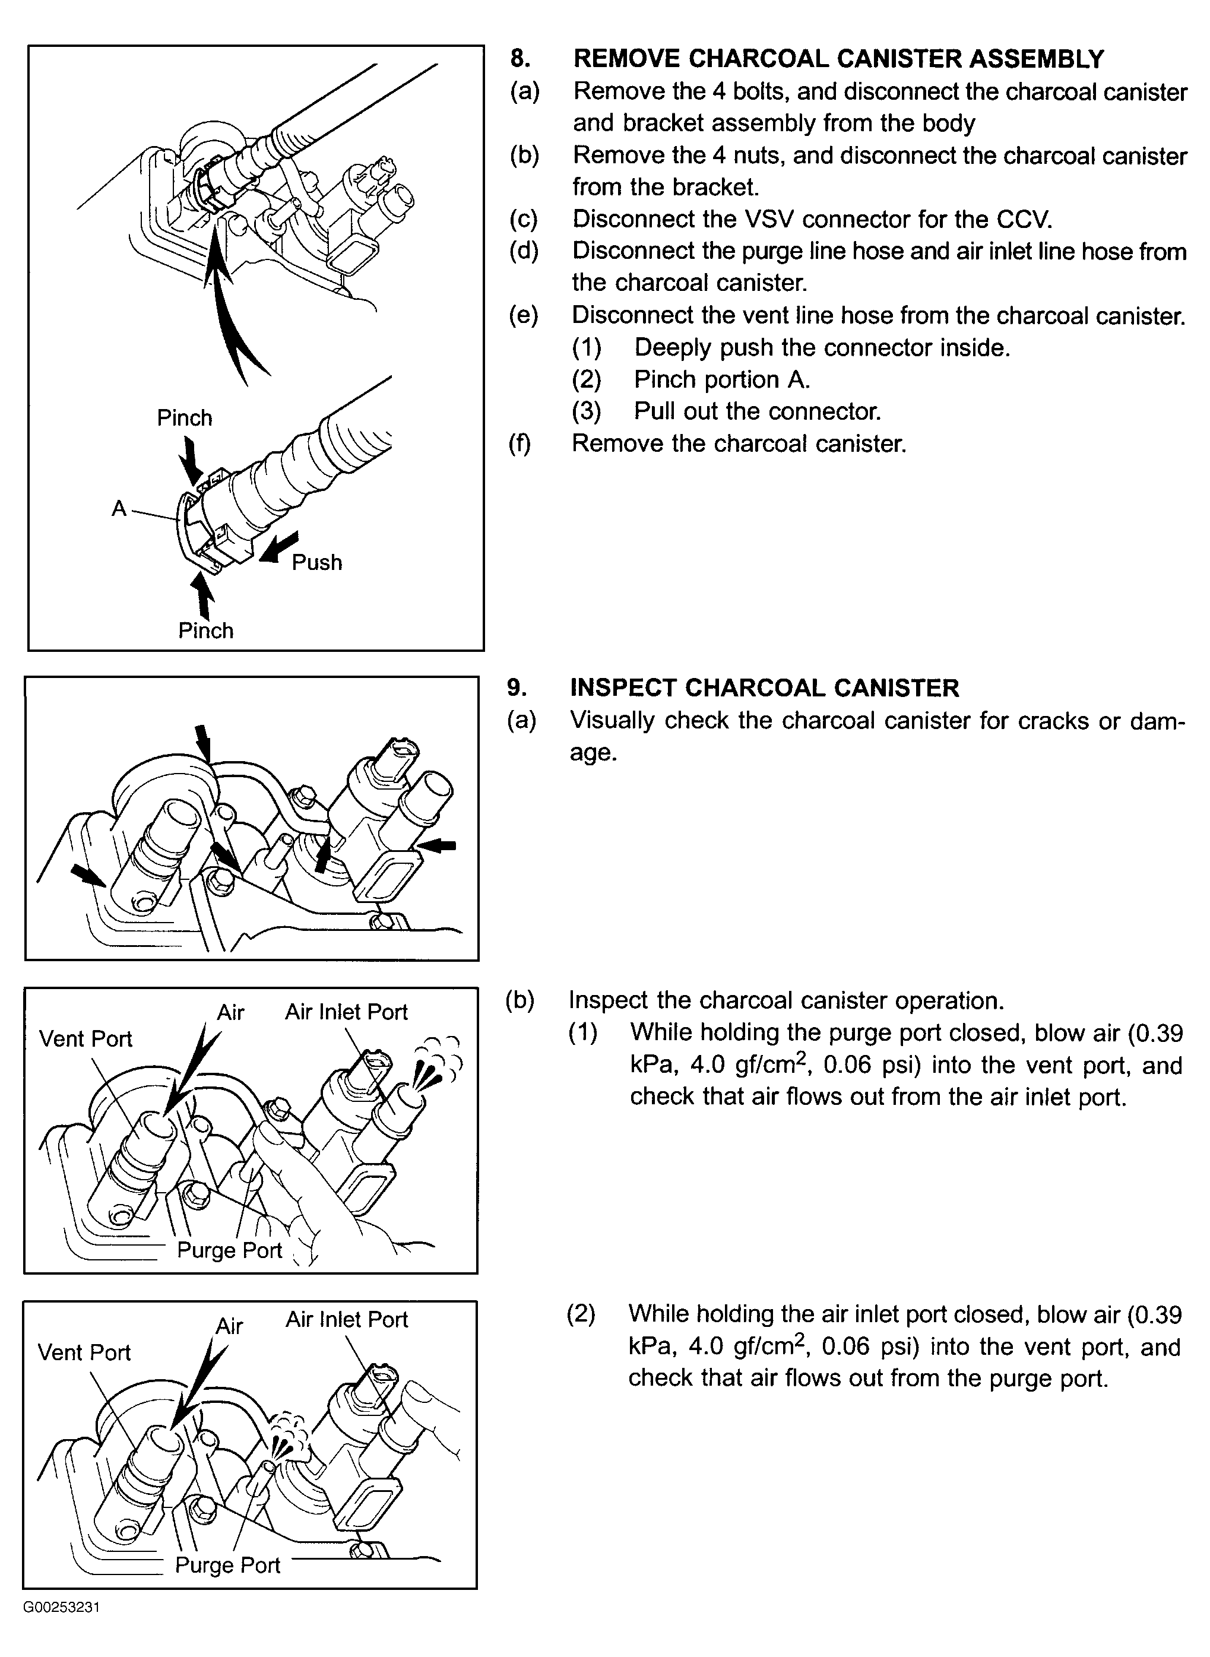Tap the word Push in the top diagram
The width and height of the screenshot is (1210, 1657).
pyautogui.click(x=316, y=562)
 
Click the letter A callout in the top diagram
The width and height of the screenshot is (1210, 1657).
pyautogui.click(x=119, y=508)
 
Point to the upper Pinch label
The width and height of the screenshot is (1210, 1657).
pyautogui.click(x=185, y=418)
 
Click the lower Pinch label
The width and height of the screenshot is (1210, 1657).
pyautogui.click(x=206, y=631)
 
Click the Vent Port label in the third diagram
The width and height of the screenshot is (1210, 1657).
pyautogui.click(x=85, y=1038)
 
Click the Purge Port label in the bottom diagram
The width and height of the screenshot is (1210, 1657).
pyautogui.click(x=228, y=1565)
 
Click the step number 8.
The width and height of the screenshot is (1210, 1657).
pyautogui.click(x=520, y=59)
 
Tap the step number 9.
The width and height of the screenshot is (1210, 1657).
pyautogui.click(x=517, y=687)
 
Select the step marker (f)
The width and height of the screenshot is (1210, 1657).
pyautogui.click(x=520, y=443)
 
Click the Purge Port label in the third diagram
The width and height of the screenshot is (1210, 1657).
pyautogui.click(x=229, y=1249)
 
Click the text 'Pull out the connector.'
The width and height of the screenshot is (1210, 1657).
pyautogui.click(x=758, y=411)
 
